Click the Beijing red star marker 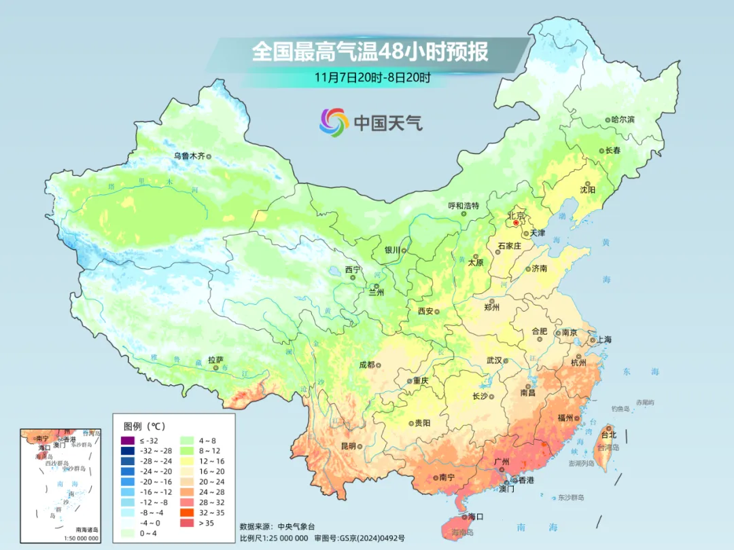(516, 222)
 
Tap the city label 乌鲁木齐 (188, 155)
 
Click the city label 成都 (366, 365)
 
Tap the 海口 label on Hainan (476, 517)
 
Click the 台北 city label (608, 435)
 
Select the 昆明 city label (348, 446)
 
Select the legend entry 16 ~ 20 (203, 471)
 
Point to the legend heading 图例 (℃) (144, 426)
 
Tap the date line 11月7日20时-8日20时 (372, 77)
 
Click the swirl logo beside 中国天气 (334, 122)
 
